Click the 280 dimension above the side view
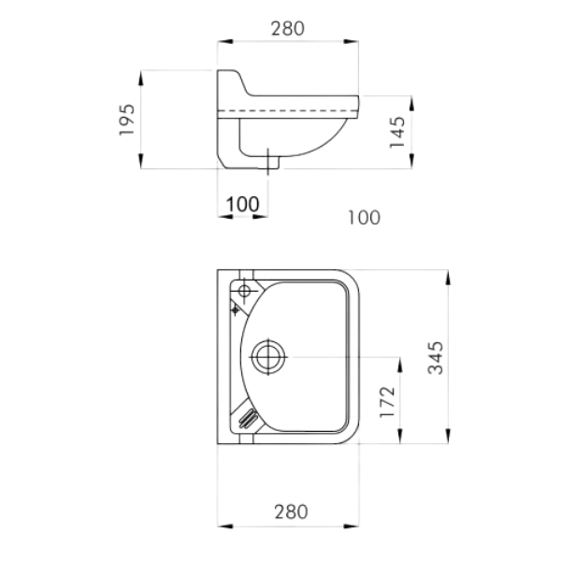coord(288,29)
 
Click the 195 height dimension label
coord(127,120)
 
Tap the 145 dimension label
coord(397,132)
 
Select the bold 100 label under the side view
coord(242,204)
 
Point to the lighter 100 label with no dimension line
coord(365,218)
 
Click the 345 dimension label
coord(436,358)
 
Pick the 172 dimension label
coord(387,401)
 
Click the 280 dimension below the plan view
coord(291,511)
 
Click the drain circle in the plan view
coord(268,357)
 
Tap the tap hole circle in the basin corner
coord(245,291)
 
